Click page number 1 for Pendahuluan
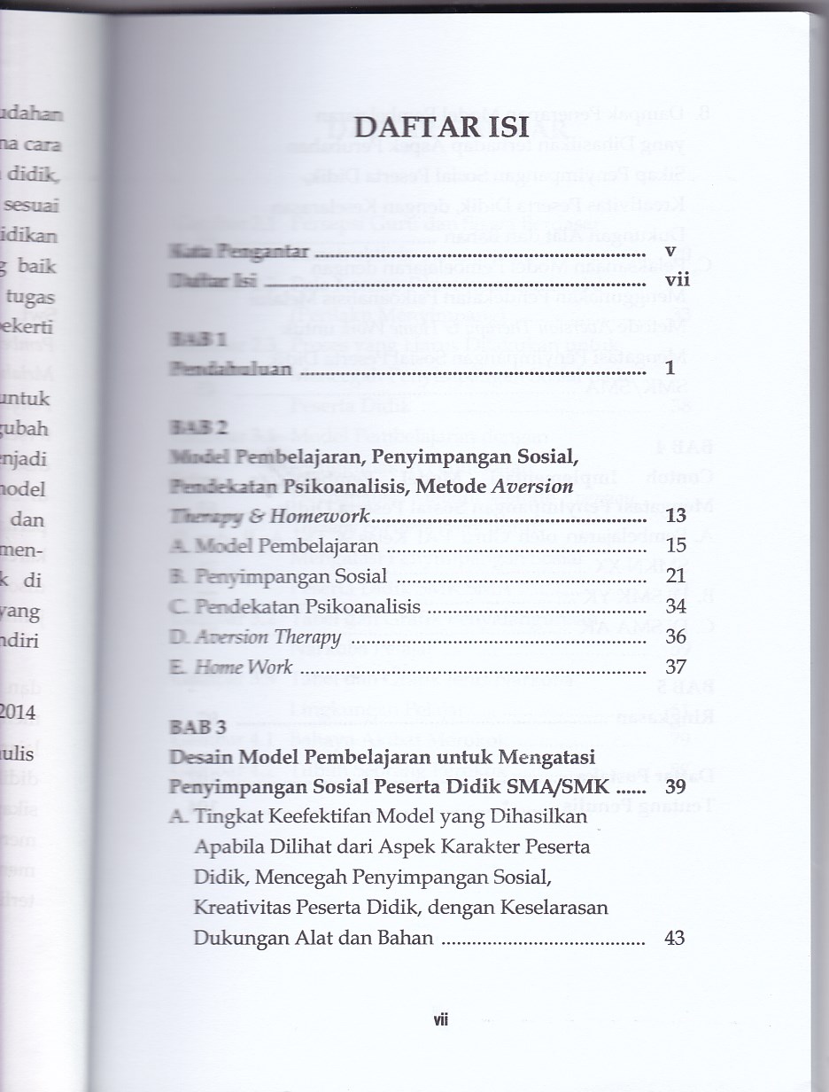click(670, 368)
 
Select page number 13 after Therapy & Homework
click(676, 516)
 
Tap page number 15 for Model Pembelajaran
click(676, 546)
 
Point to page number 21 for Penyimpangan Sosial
click(676, 577)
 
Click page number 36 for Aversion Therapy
click(676, 637)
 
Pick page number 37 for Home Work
click(676, 667)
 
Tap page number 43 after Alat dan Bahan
click(674, 937)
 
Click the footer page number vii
click(441, 1019)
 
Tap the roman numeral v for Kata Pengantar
click(670, 252)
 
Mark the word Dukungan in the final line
click(235, 937)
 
